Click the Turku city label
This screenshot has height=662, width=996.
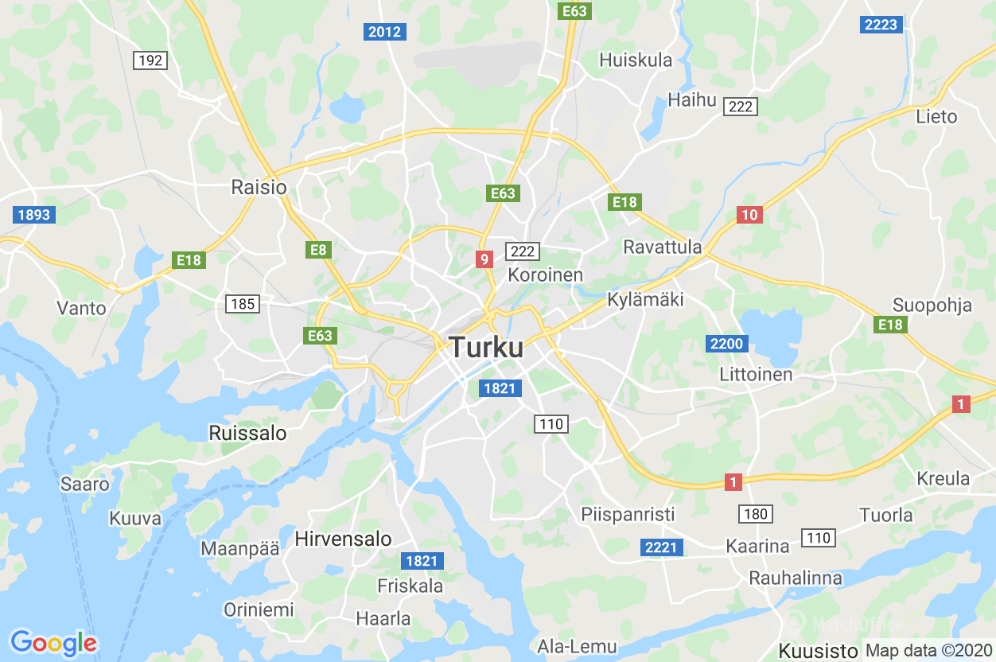click(486, 348)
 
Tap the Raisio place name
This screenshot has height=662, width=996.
click(259, 187)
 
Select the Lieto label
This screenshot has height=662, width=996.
click(936, 116)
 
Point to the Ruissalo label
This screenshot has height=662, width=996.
click(247, 433)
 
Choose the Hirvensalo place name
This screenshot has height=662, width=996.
click(343, 539)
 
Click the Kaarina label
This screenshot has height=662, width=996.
click(757, 546)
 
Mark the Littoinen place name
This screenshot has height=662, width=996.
click(756, 374)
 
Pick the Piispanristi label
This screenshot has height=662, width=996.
click(628, 514)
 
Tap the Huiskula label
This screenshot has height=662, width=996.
click(636, 60)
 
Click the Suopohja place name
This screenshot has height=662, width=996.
click(932, 305)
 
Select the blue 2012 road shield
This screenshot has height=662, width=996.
click(385, 32)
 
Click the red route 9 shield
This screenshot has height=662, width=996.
click(484, 259)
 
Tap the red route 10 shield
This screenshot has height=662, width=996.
click(749, 214)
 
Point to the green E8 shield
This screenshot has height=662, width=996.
click(318, 250)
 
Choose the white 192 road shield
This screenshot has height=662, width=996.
click(150, 60)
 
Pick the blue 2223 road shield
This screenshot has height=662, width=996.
click(881, 25)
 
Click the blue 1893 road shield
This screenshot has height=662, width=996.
click(33, 214)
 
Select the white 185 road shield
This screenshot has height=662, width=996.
click(243, 303)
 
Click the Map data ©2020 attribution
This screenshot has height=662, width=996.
click(928, 650)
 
